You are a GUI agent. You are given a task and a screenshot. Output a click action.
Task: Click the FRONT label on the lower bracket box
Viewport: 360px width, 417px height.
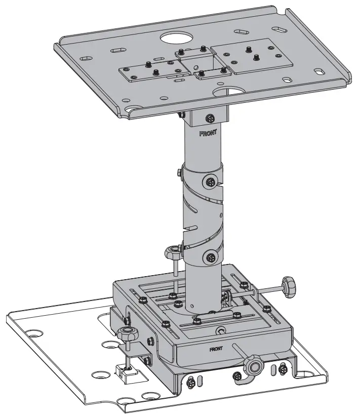pos(216,349)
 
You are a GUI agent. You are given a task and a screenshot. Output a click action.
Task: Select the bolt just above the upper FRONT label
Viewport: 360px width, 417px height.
pos(210,119)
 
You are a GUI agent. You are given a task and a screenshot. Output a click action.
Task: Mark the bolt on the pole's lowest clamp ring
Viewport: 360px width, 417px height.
pos(209,257)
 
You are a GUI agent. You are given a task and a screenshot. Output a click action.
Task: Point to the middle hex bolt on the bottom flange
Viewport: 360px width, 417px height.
pos(236,376)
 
